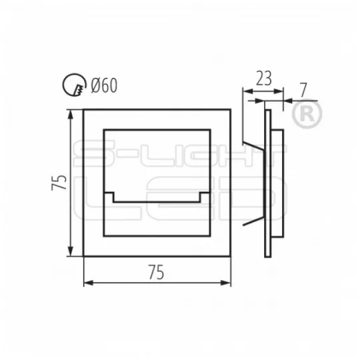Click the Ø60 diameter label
pos(104,85)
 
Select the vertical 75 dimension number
pos(59,183)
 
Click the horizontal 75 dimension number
pos(157,272)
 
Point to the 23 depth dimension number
pos(264,78)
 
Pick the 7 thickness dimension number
pos(303,90)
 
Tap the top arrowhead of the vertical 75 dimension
pos(71,115)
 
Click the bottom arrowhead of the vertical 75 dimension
pos(71,251)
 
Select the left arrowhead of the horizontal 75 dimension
pos(89,283)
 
